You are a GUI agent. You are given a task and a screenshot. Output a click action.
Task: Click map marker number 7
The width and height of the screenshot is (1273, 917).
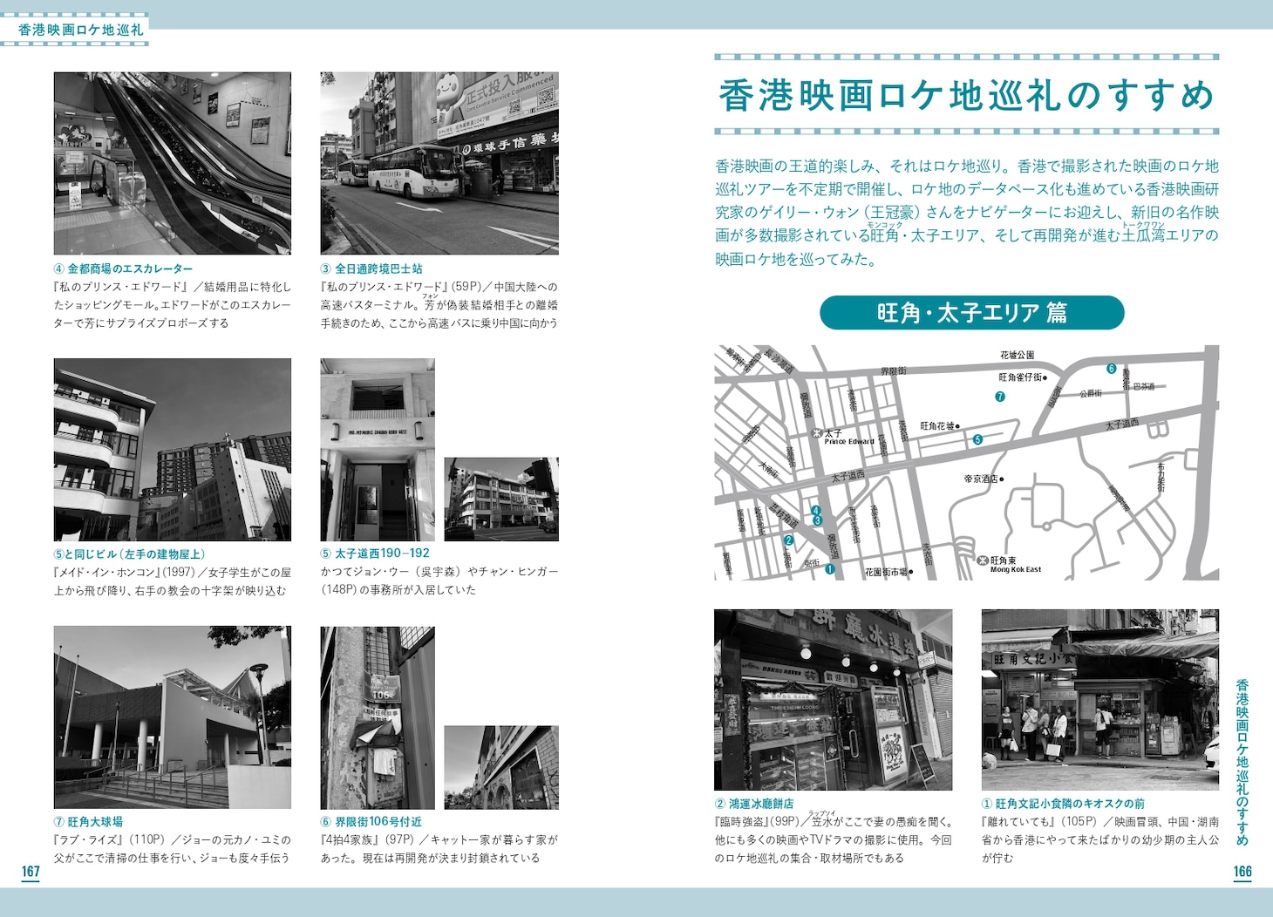1000,397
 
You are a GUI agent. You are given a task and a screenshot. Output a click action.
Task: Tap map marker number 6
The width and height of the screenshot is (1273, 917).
1111,369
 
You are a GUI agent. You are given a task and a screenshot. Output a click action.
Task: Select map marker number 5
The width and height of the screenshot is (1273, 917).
977,440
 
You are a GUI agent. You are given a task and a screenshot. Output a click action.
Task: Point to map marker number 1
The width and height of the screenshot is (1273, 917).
829,570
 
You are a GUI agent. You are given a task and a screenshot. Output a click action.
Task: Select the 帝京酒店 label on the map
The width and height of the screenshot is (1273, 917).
982,479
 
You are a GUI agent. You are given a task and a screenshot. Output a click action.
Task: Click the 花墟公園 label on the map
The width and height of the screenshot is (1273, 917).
1017,356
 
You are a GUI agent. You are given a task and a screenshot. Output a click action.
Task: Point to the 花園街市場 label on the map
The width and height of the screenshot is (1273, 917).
887,573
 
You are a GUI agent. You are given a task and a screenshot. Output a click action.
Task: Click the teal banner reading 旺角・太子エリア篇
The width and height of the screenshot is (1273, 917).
971,313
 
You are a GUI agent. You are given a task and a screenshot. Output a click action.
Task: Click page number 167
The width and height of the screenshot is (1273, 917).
31,872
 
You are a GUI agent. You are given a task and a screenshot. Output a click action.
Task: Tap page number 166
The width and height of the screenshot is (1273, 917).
1242,872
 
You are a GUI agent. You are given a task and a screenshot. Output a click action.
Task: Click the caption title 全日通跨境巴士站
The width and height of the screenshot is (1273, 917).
378,269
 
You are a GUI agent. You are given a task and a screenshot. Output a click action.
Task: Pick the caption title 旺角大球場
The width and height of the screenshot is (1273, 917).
94,822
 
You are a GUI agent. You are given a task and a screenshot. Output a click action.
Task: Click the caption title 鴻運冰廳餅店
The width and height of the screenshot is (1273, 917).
759,804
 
